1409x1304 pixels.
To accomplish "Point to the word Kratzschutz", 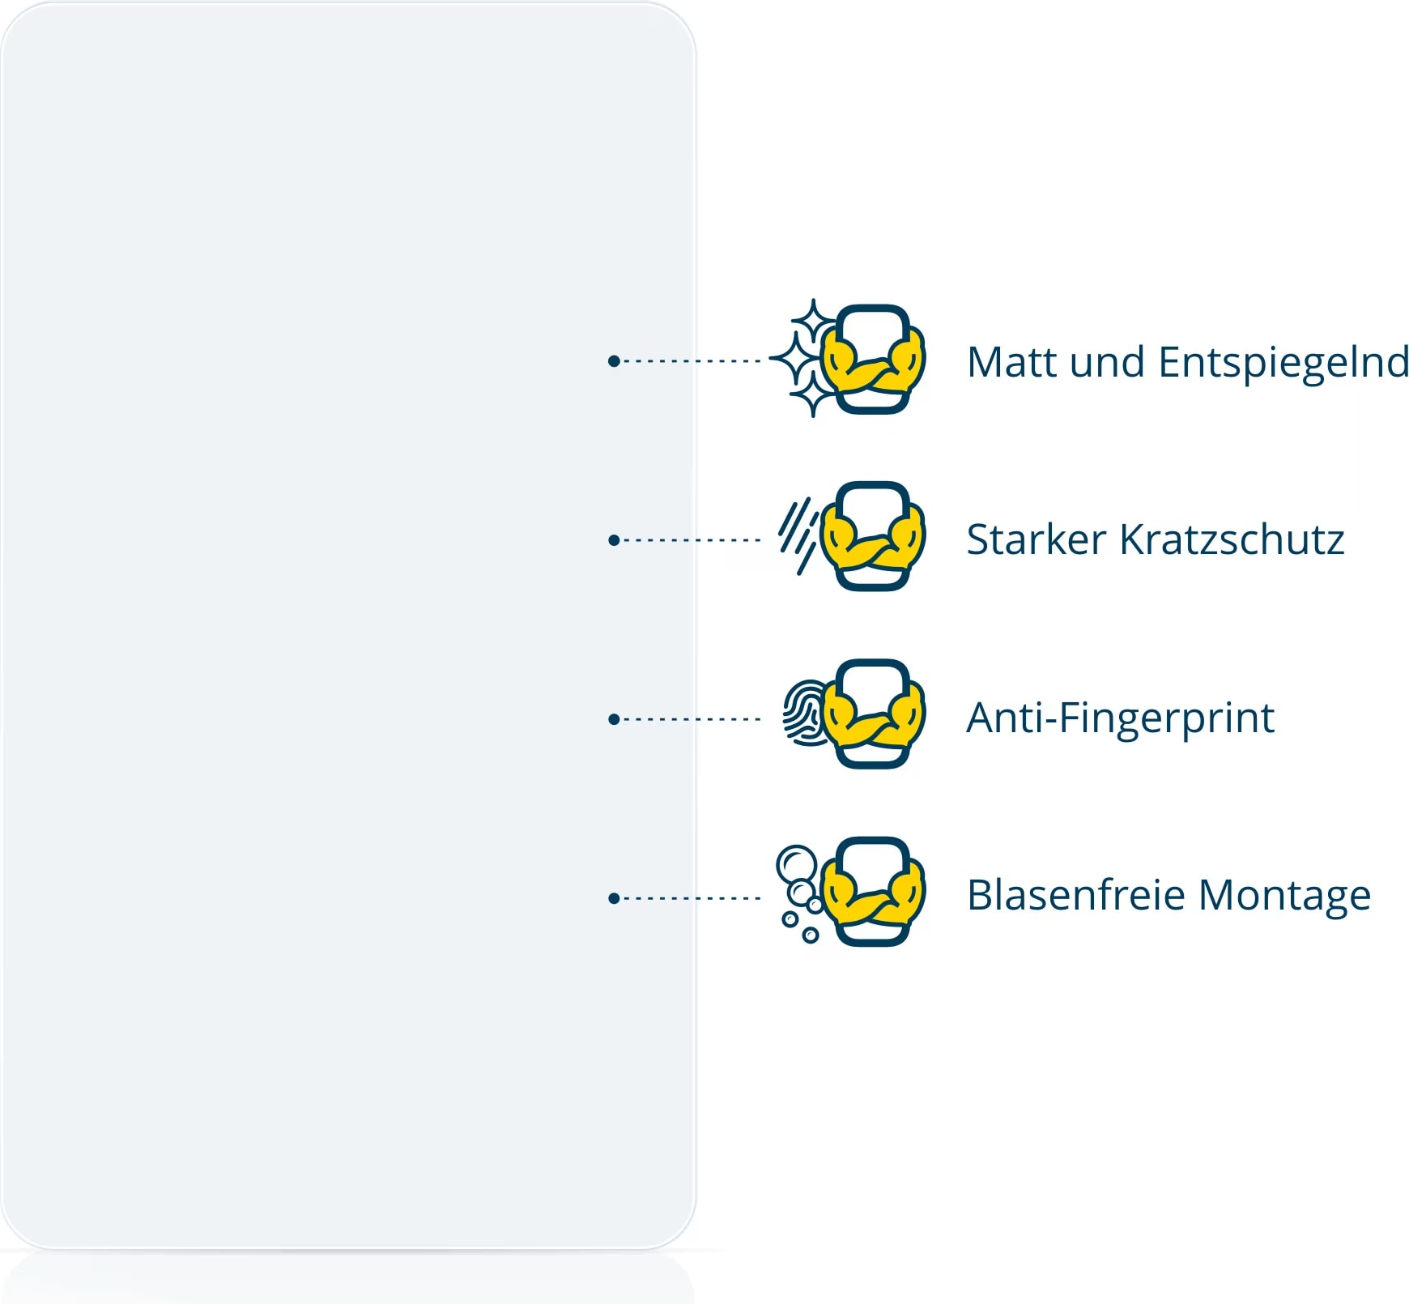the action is tap(1232, 539).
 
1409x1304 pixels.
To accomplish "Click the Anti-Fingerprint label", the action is tap(1121, 718).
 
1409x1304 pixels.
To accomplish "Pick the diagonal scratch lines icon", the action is tap(798, 535).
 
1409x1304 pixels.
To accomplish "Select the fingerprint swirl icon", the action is tap(805, 712).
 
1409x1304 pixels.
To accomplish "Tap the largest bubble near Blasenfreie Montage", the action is tap(796, 864).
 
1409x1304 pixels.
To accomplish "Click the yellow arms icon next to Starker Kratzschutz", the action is tap(872, 536).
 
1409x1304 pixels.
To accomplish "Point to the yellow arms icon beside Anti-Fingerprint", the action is tap(872, 714).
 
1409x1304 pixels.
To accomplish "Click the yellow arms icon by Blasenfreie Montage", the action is tap(872, 892).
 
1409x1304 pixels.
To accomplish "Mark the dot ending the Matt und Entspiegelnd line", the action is tap(614, 360).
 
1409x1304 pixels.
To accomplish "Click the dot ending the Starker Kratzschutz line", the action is tap(614, 540).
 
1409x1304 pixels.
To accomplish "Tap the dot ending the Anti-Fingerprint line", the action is tap(614, 719).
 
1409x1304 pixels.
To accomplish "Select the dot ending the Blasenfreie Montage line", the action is tap(614, 898).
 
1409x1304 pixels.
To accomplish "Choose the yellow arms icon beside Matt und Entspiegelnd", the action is tap(872, 359).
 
